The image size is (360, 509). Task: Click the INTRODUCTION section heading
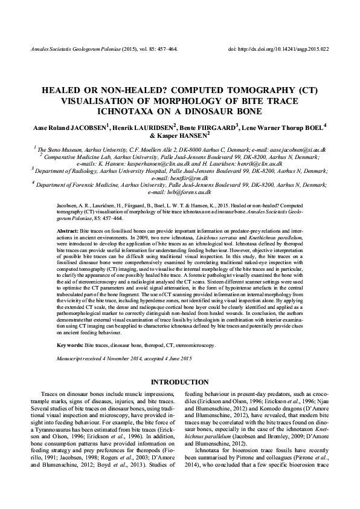pos(179,383)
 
